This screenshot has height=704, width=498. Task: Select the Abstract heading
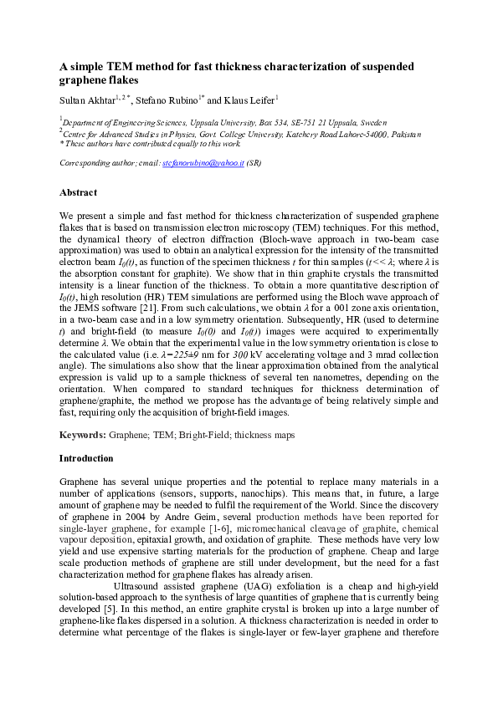point(79,192)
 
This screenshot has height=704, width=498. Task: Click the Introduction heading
point(87,458)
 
